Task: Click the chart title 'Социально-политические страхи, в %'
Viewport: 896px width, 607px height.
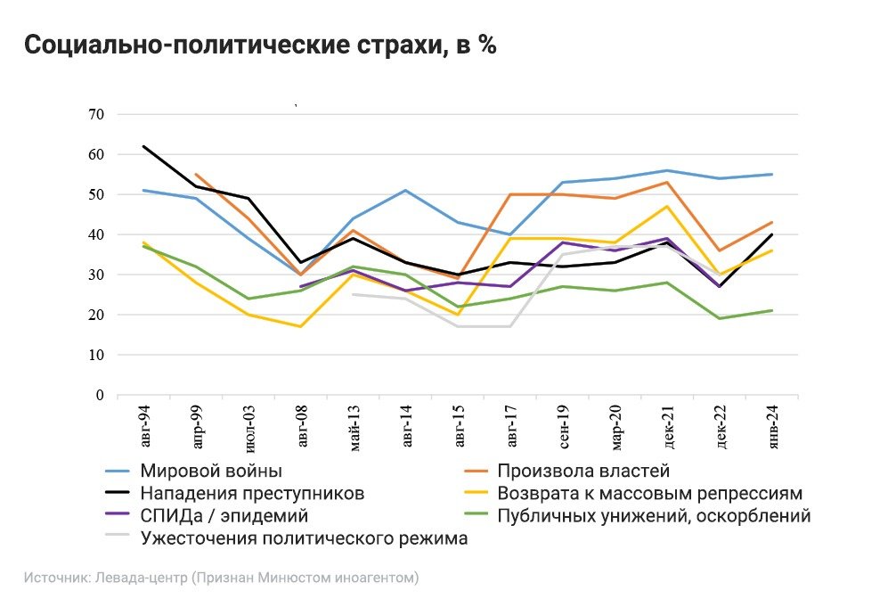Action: pyautogui.click(x=259, y=46)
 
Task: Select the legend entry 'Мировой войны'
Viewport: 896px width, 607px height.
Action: pyautogui.click(x=211, y=471)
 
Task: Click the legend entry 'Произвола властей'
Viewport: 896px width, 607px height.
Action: pyautogui.click(x=583, y=471)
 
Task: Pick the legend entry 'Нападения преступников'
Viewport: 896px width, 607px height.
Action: pyautogui.click(x=251, y=493)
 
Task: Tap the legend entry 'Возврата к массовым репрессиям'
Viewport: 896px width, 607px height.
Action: pyautogui.click(x=650, y=493)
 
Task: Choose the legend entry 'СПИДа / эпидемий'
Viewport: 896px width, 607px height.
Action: pyautogui.click(x=224, y=515)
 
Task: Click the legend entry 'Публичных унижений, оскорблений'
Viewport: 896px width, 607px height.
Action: pyautogui.click(x=654, y=515)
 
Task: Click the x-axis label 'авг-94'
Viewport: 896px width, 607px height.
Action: pyautogui.click(x=143, y=428)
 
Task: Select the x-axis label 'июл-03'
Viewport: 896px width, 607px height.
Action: pyautogui.click(x=248, y=428)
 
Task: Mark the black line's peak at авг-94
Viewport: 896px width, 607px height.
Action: pyautogui.click(x=143, y=146)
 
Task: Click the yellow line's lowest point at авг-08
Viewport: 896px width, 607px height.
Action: pyautogui.click(x=301, y=326)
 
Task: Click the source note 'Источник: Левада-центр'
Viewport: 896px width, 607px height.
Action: pyautogui.click(x=107, y=578)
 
